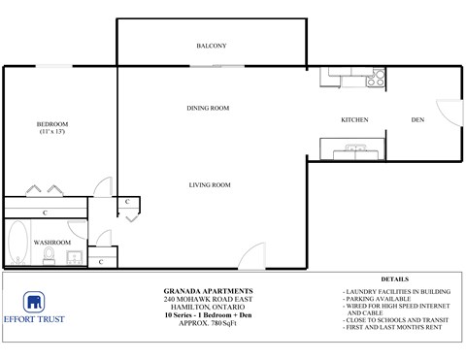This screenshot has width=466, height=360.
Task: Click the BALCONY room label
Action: pyautogui.click(x=211, y=46)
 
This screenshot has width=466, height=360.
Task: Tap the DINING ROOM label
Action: pyautogui.click(x=208, y=108)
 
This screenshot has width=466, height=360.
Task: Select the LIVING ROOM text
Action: pyautogui.click(x=209, y=184)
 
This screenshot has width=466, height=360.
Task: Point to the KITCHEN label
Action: pyautogui.click(x=354, y=120)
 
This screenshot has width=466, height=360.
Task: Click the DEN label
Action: pyautogui.click(x=417, y=120)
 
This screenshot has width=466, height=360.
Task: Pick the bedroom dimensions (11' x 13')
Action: pyautogui.click(x=52, y=132)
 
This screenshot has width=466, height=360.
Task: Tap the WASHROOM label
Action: pyautogui.click(x=51, y=242)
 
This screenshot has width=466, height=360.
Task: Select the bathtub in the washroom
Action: pyautogui.click(x=17, y=244)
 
